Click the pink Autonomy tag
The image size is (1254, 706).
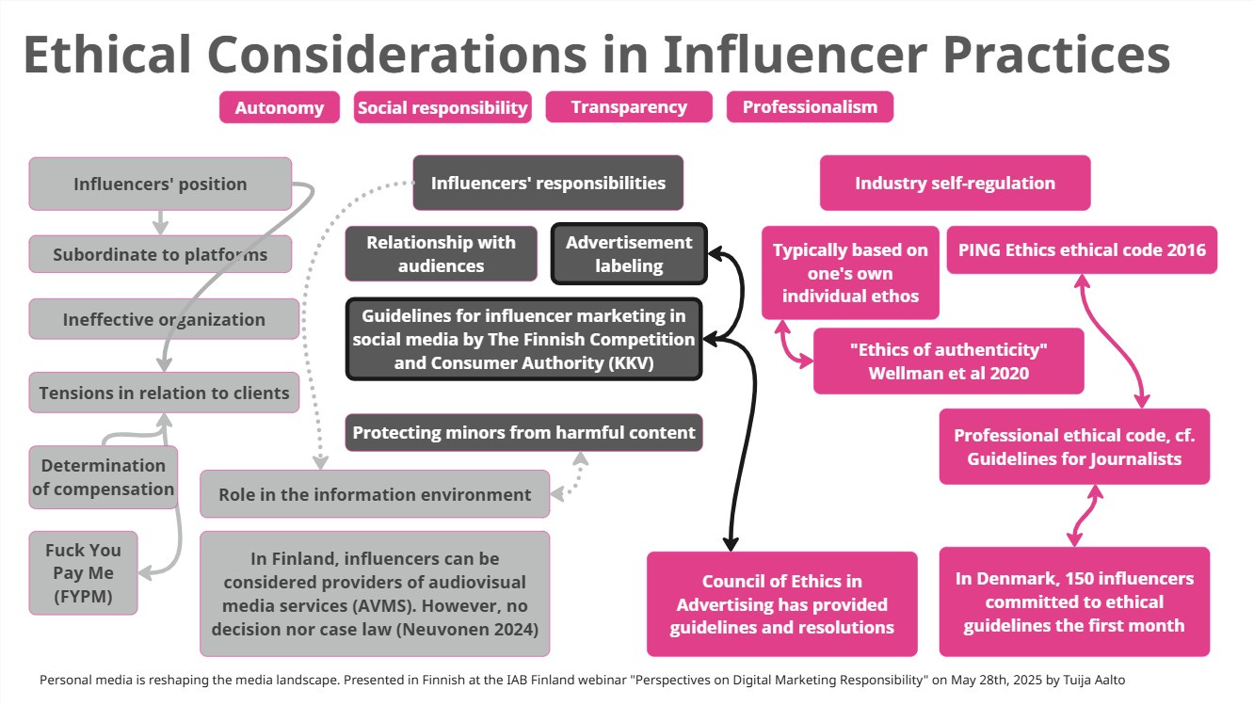click(x=279, y=107)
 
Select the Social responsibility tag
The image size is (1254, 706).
click(x=442, y=107)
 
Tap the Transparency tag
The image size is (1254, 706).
click(x=629, y=107)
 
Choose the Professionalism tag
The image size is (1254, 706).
click(x=809, y=107)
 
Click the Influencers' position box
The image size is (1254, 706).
click(x=160, y=184)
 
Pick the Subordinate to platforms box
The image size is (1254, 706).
click(x=160, y=254)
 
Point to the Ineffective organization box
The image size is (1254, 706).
click(x=164, y=319)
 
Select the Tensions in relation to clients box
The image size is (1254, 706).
click(x=164, y=393)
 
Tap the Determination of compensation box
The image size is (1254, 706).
click(x=103, y=477)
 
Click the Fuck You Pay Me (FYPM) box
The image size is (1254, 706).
click(x=84, y=572)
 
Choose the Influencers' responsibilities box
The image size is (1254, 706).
click(x=548, y=183)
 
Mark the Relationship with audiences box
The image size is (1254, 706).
click(x=441, y=254)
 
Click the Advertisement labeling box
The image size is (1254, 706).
click(x=628, y=254)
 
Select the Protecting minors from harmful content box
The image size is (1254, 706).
click(x=523, y=433)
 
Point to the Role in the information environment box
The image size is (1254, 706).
click(x=375, y=494)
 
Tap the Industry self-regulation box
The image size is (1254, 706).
click(x=955, y=183)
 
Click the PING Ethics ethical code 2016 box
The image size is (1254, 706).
click(x=1081, y=249)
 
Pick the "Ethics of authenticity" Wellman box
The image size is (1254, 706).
click(x=948, y=361)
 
